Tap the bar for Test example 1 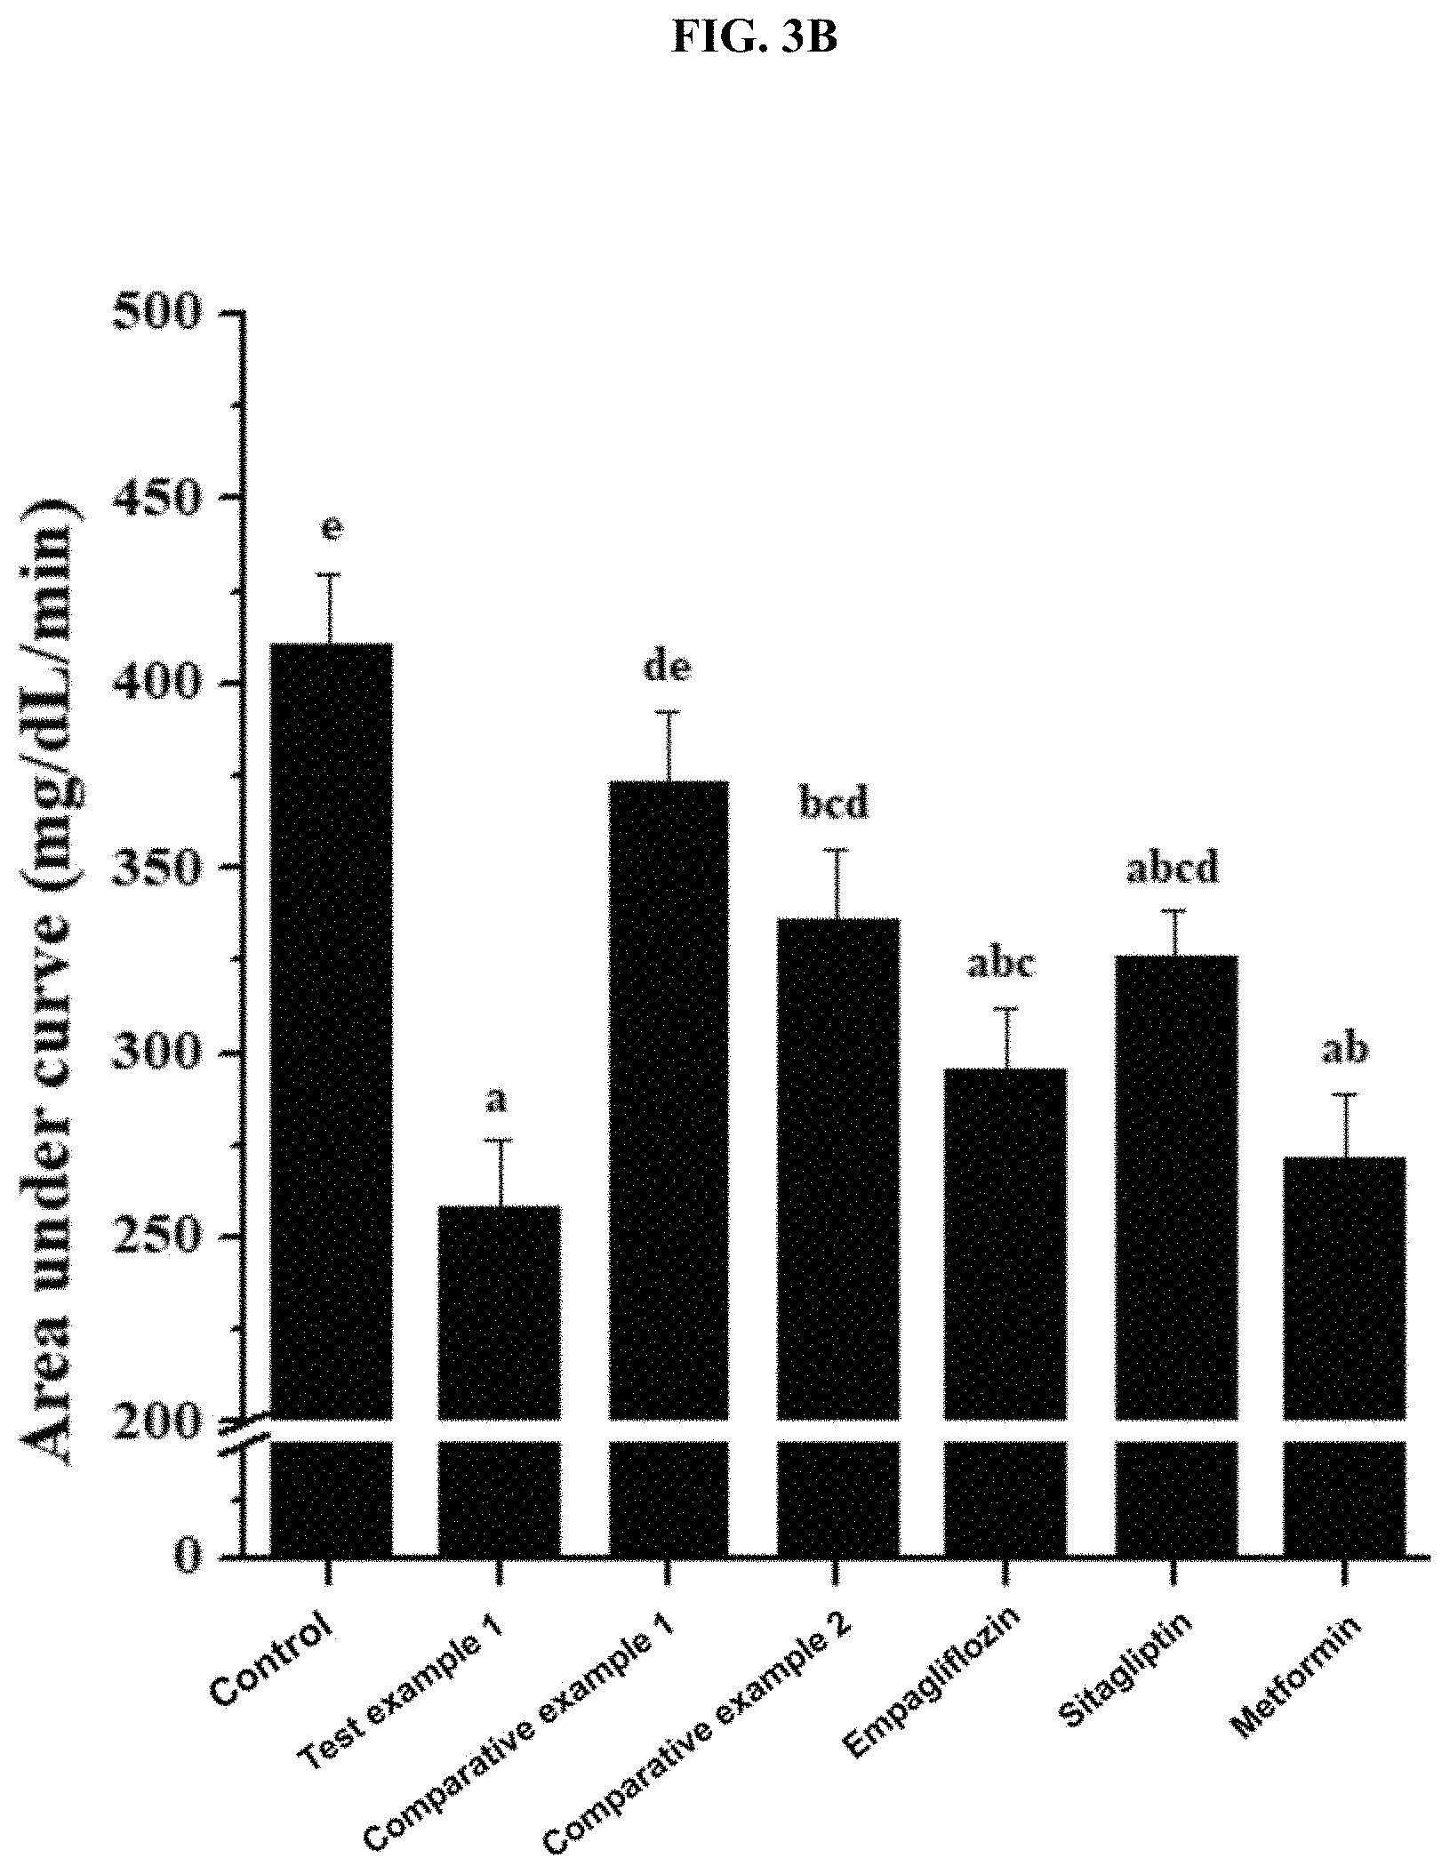point(500,1381)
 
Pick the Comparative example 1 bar point(669,1169)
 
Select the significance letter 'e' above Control point(331,528)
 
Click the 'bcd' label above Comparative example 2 point(835,803)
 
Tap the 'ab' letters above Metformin point(1344,1050)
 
